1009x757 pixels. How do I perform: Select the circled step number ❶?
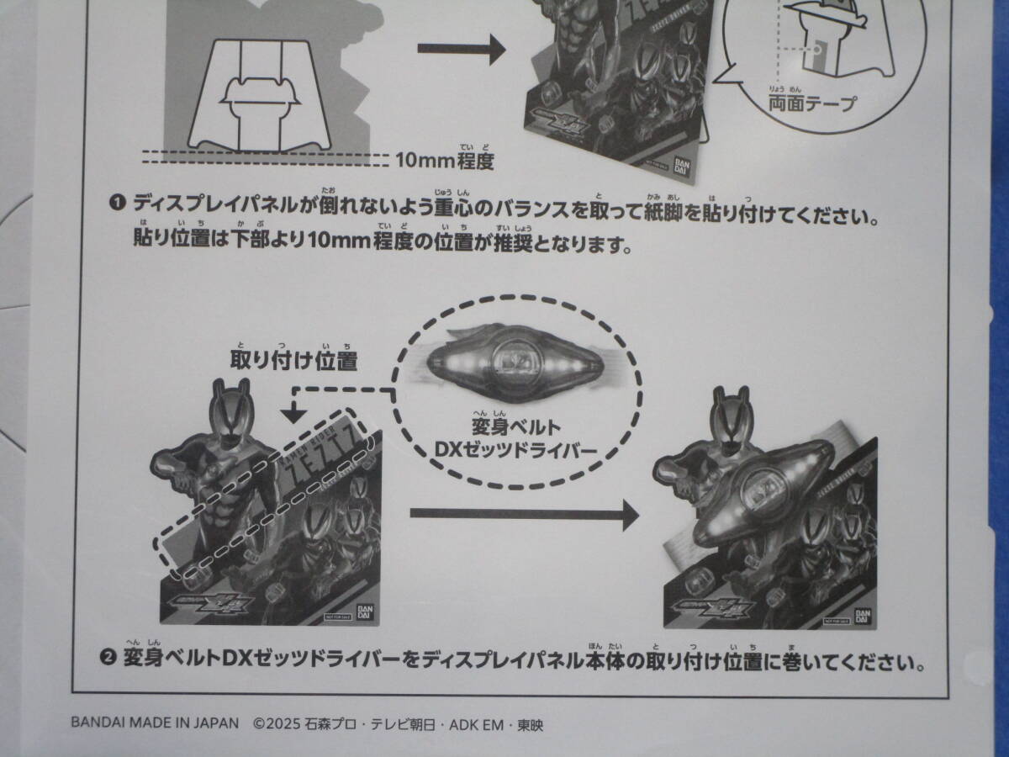[117, 203]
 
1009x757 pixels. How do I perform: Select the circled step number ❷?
[108, 662]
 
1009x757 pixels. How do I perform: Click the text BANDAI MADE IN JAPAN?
[156, 723]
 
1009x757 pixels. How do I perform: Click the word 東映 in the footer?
[530, 723]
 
